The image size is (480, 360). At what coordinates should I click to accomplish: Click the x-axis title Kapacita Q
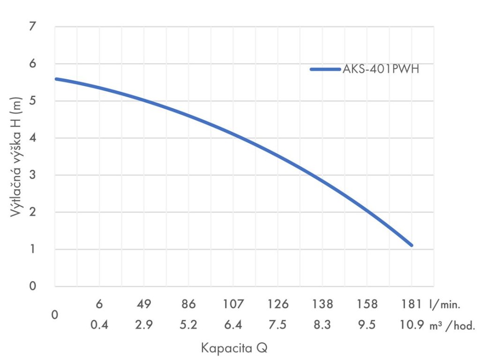click(x=234, y=348)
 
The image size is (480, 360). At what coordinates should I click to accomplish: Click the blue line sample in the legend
click(x=325, y=69)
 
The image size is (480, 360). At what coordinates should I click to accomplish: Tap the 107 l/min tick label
click(x=233, y=304)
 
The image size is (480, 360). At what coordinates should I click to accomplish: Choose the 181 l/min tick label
click(x=412, y=304)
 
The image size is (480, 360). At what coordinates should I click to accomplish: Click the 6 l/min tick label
click(x=99, y=304)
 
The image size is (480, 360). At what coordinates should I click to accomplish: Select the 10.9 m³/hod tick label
click(x=412, y=325)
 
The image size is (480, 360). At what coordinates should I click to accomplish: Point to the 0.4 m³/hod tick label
click(x=99, y=325)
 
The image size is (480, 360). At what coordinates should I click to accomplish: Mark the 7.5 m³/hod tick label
click(x=278, y=325)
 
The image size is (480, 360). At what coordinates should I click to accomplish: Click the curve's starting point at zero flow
click(x=56, y=79)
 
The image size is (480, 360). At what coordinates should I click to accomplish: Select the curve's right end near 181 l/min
click(x=411, y=245)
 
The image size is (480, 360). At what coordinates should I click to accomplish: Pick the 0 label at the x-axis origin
click(x=55, y=315)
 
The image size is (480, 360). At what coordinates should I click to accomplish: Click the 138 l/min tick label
click(x=322, y=304)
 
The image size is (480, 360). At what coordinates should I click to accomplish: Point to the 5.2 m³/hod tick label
click(x=188, y=325)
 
